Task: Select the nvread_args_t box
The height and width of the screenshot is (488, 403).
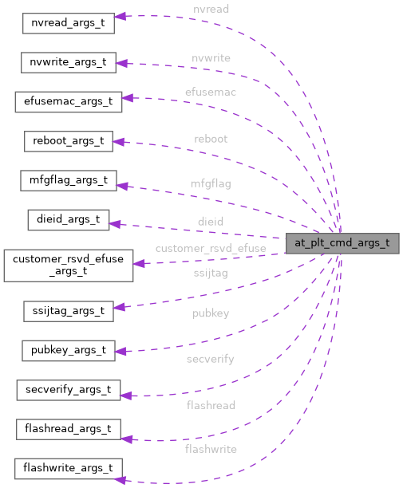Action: tap(68, 22)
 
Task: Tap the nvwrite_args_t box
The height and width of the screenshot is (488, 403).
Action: tap(69, 62)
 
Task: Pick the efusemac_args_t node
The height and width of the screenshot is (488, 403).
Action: tap(68, 101)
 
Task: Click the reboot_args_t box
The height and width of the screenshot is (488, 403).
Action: tap(68, 141)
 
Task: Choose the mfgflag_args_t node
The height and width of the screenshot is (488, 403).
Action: tap(69, 180)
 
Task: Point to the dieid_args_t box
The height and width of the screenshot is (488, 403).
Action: tap(68, 220)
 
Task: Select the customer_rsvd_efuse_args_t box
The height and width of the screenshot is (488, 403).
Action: tap(68, 265)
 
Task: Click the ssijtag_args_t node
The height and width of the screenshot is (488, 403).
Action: tap(68, 310)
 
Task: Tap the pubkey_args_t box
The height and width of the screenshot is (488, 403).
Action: tap(68, 350)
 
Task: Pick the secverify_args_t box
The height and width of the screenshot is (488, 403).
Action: tap(68, 390)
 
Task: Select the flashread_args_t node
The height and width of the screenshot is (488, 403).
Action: tap(68, 429)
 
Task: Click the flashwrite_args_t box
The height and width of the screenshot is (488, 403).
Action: tap(68, 468)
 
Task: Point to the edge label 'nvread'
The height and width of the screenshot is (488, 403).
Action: tap(211, 9)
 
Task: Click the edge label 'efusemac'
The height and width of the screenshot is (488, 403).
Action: tap(211, 92)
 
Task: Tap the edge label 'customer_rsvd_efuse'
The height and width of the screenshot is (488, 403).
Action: tap(211, 248)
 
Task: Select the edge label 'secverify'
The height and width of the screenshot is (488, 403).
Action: tap(211, 359)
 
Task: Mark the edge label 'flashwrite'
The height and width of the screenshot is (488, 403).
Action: tap(211, 449)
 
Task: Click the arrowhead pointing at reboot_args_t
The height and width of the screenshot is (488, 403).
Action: tap(119, 142)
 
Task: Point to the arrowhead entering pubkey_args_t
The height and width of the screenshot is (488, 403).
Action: tap(122, 349)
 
